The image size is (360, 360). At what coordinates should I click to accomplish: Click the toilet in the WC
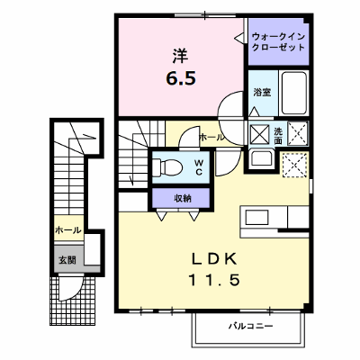pyautogui.click(x=167, y=167)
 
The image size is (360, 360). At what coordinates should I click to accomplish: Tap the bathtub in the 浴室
pyautogui.click(x=294, y=93)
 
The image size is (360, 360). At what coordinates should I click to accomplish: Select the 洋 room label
pyautogui.click(x=180, y=56)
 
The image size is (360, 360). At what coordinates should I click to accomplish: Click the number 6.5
pyautogui.click(x=181, y=78)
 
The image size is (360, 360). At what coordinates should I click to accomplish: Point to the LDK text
pyautogui.click(x=214, y=259)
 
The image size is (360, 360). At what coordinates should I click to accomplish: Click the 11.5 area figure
pyautogui.click(x=214, y=280)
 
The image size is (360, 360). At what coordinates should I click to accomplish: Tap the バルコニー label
pyautogui.click(x=251, y=326)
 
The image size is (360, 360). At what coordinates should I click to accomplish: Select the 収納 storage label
pyautogui.click(x=183, y=198)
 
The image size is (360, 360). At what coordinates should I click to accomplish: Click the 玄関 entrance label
pyautogui.click(x=67, y=260)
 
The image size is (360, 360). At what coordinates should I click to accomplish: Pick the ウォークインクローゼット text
pyautogui.click(x=278, y=41)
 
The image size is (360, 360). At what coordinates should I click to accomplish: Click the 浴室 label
pyautogui.click(x=263, y=92)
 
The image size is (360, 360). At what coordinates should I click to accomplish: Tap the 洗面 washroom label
pyautogui.click(x=278, y=136)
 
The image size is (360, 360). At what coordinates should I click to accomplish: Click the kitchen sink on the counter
pyautogui.click(x=256, y=217)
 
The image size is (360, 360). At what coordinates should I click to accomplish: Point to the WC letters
pyautogui.click(x=198, y=167)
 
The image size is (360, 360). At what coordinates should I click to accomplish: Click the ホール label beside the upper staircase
pyautogui.click(x=211, y=138)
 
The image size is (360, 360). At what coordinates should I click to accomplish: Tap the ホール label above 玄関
pyautogui.click(x=68, y=230)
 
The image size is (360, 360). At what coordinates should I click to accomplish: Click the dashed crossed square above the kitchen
pyautogui.click(x=295, y=165)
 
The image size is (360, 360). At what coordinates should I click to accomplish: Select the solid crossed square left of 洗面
pyautogui.click(x=260, y=133)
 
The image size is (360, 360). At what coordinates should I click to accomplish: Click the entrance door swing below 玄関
pyautogui.click(x=71, y=289)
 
